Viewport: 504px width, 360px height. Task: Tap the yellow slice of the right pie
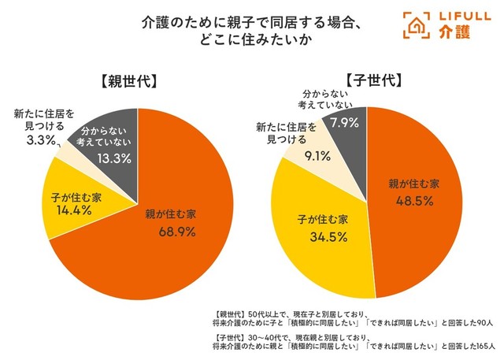(315, 228)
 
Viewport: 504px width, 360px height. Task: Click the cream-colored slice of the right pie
(319, 158)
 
